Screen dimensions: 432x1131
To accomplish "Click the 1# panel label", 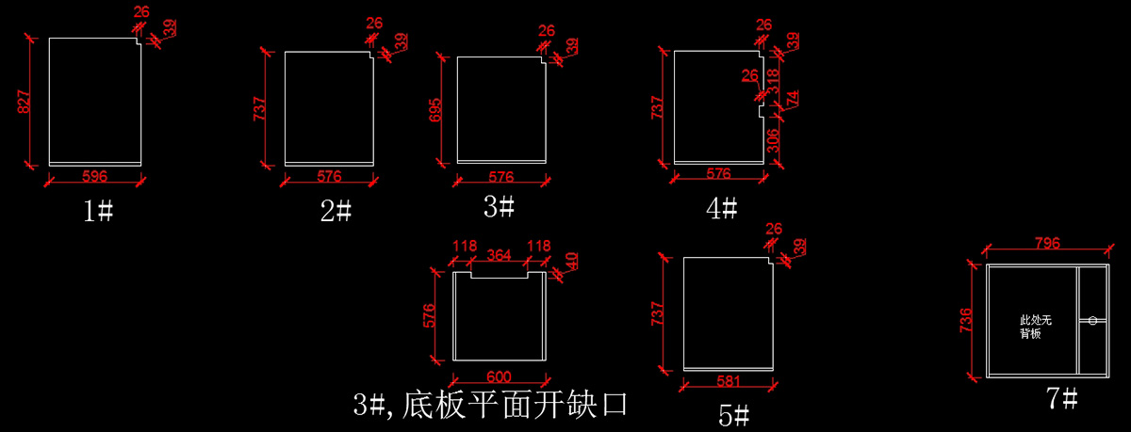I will pos(98,211).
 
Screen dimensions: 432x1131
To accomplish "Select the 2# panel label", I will pos(336,211).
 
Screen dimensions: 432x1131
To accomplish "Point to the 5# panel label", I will pos(734,414).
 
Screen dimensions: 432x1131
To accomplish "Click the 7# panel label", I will pos(1062,398).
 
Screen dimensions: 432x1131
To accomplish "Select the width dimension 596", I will pos(94,176).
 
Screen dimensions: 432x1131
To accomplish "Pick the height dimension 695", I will pos(434,109).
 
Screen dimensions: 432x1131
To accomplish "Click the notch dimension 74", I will pos(793,99).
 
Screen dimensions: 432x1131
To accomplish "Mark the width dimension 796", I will pos(1047,244).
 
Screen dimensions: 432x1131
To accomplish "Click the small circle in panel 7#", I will pos(1093,321).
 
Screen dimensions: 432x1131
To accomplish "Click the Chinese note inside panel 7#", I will pos(1034,327).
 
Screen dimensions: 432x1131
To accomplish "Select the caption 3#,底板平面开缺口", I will pos(490,406).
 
